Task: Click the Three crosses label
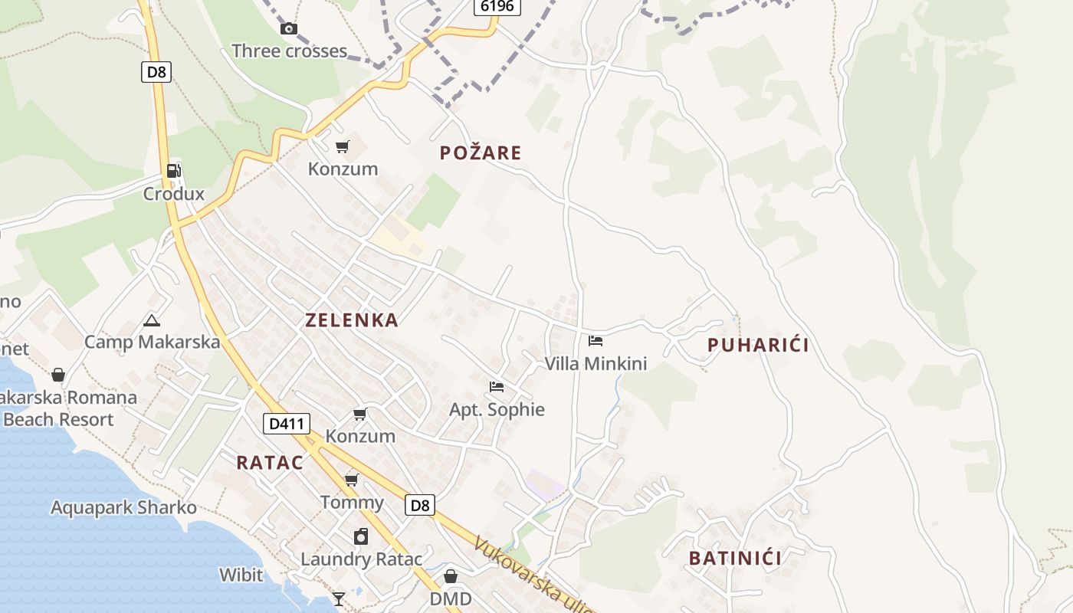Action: pos(289,51)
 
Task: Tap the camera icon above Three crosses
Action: pos(289,29)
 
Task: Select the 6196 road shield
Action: pos(497,7)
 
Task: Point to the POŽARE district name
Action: pos(481,153)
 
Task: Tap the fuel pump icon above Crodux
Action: pos(174,171)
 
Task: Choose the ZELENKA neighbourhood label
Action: pos(352,320)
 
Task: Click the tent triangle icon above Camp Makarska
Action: pos(152,320)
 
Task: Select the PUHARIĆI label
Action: pos(758,346)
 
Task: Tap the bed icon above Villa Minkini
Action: pos(596,341)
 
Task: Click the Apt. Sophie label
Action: pos(497,410)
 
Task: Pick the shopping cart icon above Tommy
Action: pos(352,480)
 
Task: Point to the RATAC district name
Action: pos(270,463)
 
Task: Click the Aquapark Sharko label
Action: pos(123,507)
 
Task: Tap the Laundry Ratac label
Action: pos(361,559)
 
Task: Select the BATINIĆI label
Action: pos(735,558)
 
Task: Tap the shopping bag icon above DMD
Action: pos(451,575)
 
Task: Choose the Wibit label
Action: pos(241,575)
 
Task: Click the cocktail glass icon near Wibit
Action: pos(338,598)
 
